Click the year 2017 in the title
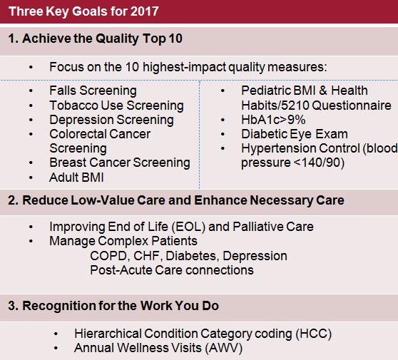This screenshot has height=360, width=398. [144, 11]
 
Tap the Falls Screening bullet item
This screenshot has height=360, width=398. [93, 91]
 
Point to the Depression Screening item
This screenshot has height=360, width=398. [111, 120]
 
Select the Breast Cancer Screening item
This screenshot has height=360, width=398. [120, 163]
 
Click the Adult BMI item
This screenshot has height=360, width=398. [76, 178]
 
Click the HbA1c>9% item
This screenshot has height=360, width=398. [273, 120]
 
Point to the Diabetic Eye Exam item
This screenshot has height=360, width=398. [295, 134]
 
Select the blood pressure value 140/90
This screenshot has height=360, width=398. [321, 163]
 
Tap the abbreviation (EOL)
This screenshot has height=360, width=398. [188, 227]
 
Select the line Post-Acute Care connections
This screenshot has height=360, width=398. [172, 270]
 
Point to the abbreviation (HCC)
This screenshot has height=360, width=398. [314, 334]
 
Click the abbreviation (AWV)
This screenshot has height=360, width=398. [224, 348]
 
